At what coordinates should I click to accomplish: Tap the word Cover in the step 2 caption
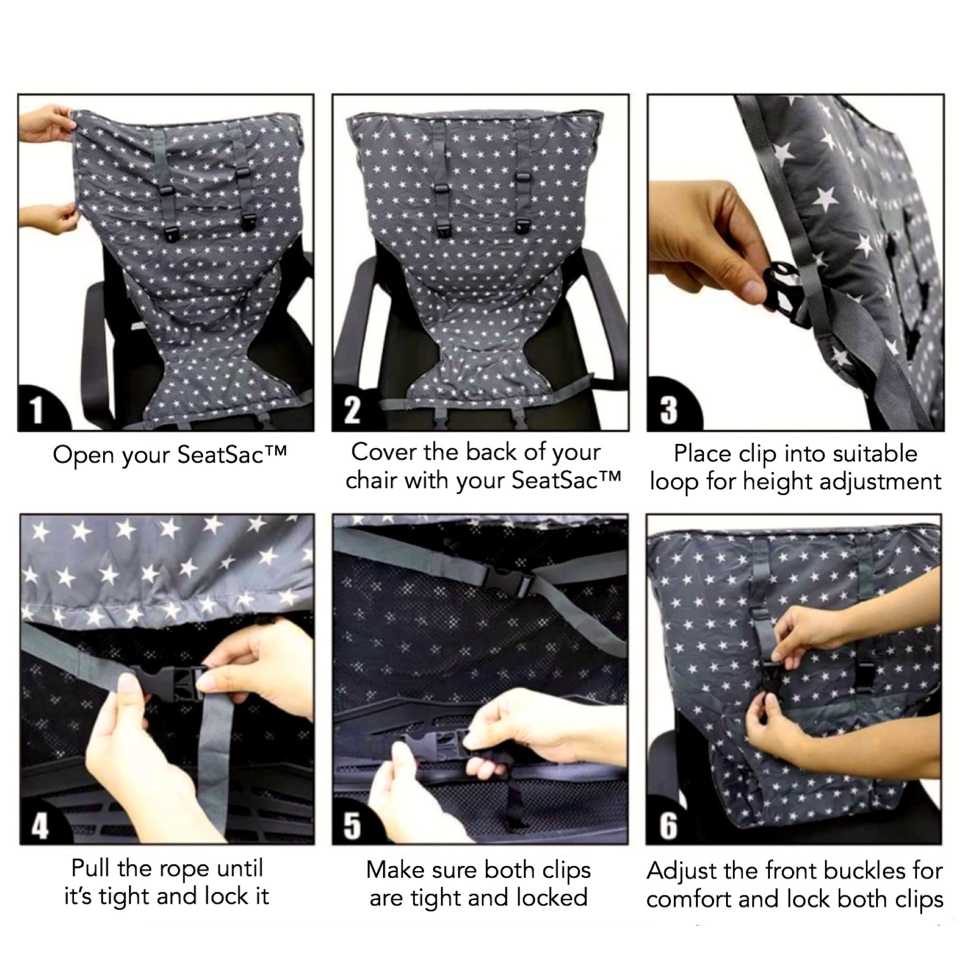pyautogui.click(x=384, y=452)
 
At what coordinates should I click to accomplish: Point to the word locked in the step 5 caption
pyautogui.click(x=552, y=898)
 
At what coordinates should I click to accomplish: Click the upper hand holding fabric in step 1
pyautogui.click(x=48, y=123)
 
